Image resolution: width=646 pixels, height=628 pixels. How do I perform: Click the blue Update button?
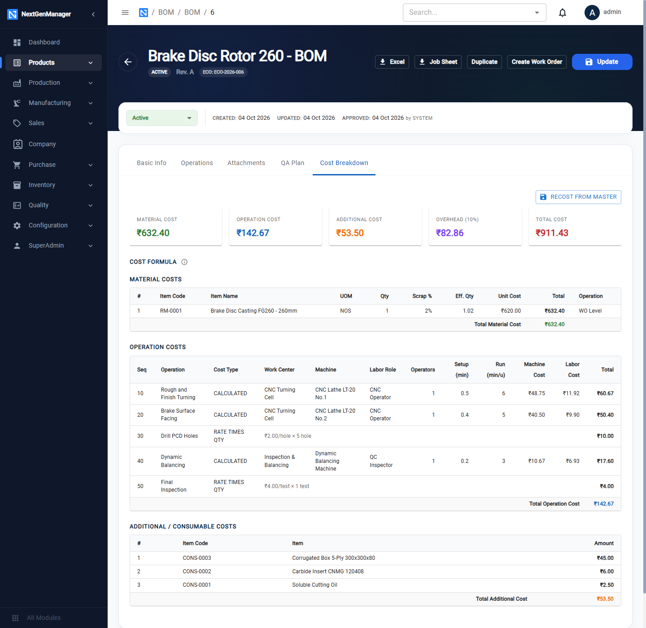pyautogui.click(x=602, y=62)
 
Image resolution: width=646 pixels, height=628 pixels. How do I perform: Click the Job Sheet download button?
pyautogui.click(x=437, y=62)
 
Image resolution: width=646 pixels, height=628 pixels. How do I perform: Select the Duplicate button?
pyautogui.click(x=484, y=62)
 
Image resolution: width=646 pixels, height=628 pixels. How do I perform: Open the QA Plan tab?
pyautogui.click(x=292, y=163)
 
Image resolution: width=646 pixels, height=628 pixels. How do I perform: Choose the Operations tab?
pyautogui.click(x=196, y=163)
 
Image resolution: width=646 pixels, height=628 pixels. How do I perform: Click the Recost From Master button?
pyautogui.click(x=578, y=197)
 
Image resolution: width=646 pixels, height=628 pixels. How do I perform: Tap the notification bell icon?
pyautogui.click(x=562, y=13)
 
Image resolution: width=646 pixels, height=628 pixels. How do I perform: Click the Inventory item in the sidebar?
pyautogui.click(x=41, y=185)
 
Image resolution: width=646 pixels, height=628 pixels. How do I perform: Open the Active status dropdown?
pyautogui.click(x=161, y=118)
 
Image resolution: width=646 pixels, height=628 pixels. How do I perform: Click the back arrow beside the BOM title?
pyautogui.click(x=128, y=62)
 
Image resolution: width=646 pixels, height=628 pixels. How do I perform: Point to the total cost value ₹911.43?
pyautogui.click(x=552, y=233)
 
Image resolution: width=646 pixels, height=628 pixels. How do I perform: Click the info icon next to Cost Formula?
pyautogui.click(x=184, y=262)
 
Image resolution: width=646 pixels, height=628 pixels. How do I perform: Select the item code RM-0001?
pyautogui.click(x=170, y=311)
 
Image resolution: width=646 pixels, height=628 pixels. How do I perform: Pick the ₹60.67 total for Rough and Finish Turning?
pyautogui.click(x=605, y=393)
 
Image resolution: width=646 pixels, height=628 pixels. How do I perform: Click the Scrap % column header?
pyautogui.click(x=422, y=296)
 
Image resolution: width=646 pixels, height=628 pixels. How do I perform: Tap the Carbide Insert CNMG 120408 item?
pyautogui.click(x=327, y=571)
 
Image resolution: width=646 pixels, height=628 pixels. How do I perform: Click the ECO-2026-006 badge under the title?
pyautogui.click(x=223, y=72)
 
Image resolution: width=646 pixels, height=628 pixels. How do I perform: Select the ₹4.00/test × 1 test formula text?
pyautogui.click(x=287, y=486)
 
